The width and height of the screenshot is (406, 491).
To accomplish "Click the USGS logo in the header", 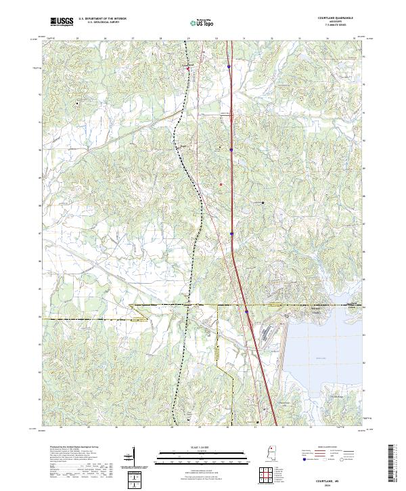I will coord(62,22).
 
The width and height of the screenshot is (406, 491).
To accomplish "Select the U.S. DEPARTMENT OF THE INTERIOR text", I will coord(102,19).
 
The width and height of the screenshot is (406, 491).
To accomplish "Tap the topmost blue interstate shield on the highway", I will coord(229,67).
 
